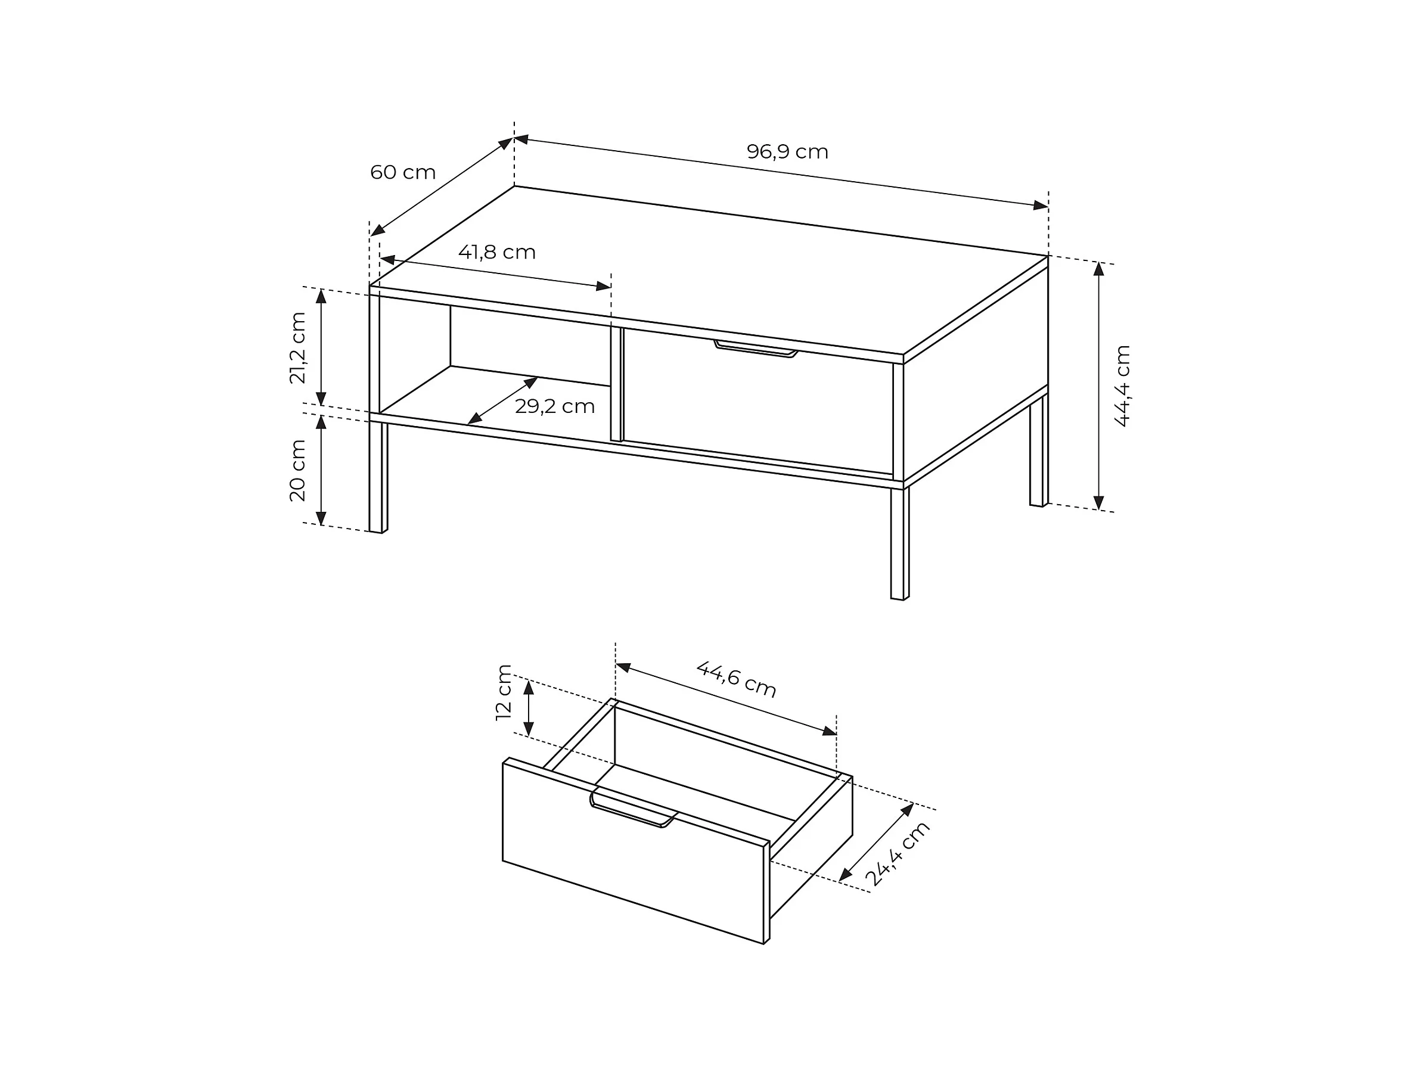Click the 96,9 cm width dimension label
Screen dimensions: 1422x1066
click(x=787, y=151)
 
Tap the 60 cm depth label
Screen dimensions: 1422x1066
click(x=403, y=172)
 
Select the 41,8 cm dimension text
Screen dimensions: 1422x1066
click(x=497, y=252)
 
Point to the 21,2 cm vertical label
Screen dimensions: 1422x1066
click(x=297, y=347)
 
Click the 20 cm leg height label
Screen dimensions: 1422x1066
click(x=297, y=470)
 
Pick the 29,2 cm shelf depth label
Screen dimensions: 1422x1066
click(x=555, y=406)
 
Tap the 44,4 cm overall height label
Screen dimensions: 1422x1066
click(x=1122, y=386)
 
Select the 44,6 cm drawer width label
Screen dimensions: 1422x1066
click(x=737, y=679)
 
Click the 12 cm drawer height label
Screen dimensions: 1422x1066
click(x=504, y=692)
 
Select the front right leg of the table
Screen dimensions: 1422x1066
click(x=900, y=543)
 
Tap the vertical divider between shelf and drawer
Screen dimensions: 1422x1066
click(x=616, y=384)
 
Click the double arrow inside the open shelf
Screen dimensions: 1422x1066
click(x=503, y=400)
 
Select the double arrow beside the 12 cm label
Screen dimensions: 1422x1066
click(x=529, y=708)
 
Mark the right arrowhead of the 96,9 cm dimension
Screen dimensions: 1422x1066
click(x=1041, y=206)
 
